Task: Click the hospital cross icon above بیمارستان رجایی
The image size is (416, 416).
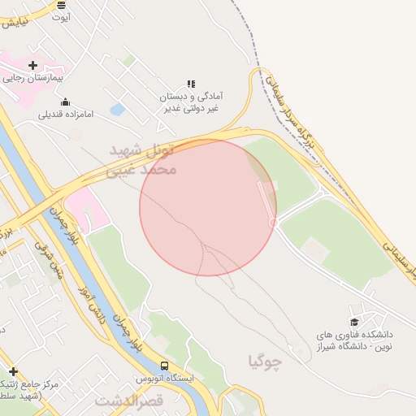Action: [x=32, y=65]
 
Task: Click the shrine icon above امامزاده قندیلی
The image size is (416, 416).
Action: [x=65, y=102]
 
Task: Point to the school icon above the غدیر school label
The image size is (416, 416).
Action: [x=192, y=84]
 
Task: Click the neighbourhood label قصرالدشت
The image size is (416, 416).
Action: [x=130, y=401]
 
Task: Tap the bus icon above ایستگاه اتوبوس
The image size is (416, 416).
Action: [x=165, y=366]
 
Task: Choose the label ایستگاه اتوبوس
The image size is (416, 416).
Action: [x=165, y=379]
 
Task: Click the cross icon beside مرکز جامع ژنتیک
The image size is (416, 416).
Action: [x=12, y=370]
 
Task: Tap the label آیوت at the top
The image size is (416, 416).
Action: [x=61, y=16]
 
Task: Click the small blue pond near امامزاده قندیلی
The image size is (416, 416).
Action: [x=117, y=108]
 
